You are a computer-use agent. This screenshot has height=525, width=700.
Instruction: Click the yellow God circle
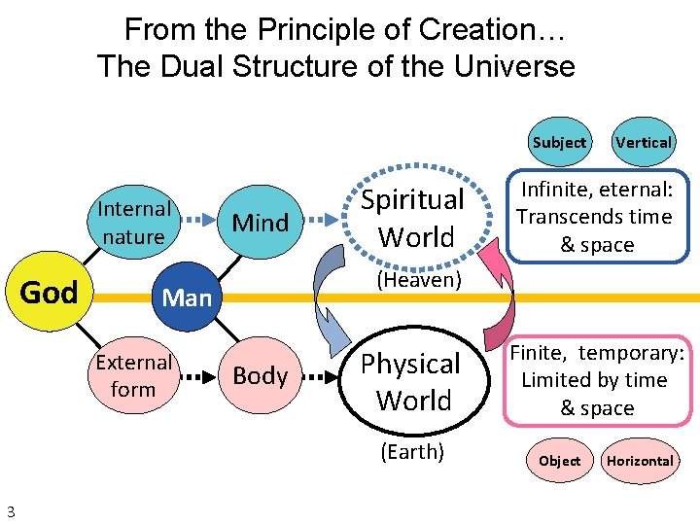click(50, 292)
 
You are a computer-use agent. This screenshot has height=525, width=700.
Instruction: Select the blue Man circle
click(187, 297)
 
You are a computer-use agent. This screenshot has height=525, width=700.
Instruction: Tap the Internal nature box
click(133, 223)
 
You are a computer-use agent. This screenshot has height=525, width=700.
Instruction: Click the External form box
click(133, 375)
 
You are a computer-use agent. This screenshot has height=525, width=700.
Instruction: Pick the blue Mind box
click(261, 223)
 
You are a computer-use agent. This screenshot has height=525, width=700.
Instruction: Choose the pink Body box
click(261, 375)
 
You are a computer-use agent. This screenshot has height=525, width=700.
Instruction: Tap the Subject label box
click(559, 142)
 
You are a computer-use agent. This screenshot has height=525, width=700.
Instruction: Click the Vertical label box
click(643, 142)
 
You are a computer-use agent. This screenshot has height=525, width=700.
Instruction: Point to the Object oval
click(559, 461)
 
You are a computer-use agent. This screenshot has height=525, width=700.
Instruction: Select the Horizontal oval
click(640, 461)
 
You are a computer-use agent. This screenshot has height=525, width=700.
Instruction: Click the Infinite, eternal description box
click(595, 217)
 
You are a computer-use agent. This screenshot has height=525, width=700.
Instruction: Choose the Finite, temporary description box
click(597, 380)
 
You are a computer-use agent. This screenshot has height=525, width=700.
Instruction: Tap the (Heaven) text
click(417, 280)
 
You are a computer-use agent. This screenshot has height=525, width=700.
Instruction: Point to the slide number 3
click(10, 511)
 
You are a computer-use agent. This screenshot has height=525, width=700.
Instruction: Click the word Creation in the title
click(478, 30)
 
